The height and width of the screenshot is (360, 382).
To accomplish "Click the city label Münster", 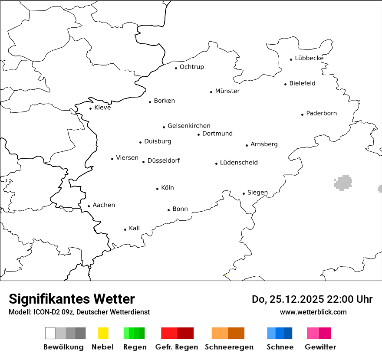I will point(227,91).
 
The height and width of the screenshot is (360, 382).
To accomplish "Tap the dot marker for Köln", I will point(158,189).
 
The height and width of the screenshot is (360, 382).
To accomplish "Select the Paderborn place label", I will point(321,113).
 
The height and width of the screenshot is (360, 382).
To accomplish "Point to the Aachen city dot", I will point(89,206).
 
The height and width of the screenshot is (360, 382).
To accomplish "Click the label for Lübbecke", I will point(309,58).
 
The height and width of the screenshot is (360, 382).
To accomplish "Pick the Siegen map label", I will point(257,193).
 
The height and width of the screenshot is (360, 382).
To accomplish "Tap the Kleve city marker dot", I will point(91,108).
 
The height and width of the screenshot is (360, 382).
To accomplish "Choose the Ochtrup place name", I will point(191,67).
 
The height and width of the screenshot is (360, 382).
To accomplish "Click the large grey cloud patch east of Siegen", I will point(343,183).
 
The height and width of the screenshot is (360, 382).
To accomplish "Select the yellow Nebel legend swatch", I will point(103,333).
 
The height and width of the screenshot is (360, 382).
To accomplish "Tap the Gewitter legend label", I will point(320,347).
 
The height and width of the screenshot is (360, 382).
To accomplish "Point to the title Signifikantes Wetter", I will point(72,299).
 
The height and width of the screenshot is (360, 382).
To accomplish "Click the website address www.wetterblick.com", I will point(313,312).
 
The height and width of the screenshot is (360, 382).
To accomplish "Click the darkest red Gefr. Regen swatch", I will point(185,333).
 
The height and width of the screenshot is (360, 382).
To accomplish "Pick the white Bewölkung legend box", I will point(50,333).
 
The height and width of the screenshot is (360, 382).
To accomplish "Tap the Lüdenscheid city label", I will point(239,163).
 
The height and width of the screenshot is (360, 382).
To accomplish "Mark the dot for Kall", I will point(125,229).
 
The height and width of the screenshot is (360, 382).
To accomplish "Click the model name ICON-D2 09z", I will point(52,312).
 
